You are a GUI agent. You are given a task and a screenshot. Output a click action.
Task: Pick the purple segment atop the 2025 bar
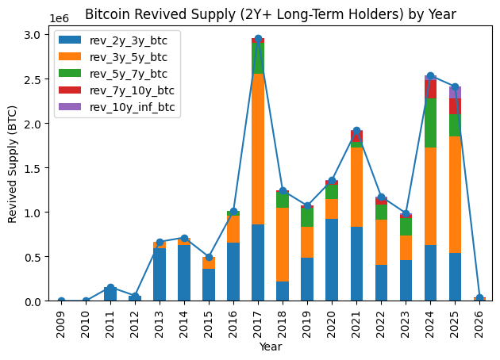[x=455, y=92]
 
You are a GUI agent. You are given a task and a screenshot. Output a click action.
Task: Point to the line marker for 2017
[x=258, y=39]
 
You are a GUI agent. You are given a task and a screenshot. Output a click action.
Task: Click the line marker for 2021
[x=356, y=131]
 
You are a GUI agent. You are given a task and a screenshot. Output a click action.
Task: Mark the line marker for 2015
[x=209, y=257]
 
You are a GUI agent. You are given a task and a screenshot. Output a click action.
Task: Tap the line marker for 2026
[x=479, y=299]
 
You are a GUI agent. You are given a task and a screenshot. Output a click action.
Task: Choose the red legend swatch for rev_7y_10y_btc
[x=71, y=90]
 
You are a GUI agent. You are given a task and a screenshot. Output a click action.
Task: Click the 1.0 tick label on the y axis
[x=38, y=213]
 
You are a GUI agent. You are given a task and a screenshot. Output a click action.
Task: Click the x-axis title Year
[x=270, y=347]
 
